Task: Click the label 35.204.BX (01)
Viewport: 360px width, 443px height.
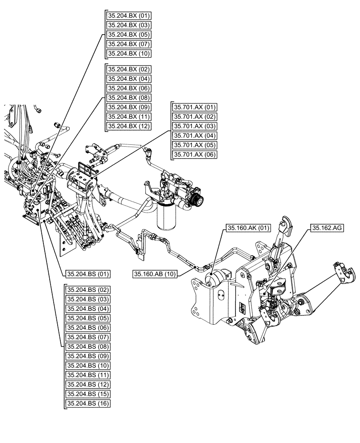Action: click(x=128, y=16)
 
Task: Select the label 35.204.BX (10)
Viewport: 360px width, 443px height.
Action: click(x=128, y=54)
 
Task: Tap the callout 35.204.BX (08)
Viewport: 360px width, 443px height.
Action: click(x=128, y=97)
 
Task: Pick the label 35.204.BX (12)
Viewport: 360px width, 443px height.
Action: click(x=128, y=126)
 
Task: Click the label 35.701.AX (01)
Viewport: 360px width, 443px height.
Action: click(x=194, y=107)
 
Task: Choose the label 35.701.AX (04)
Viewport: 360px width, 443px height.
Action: click(x=194, y=136)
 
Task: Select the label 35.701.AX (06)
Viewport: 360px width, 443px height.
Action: click(x=194, y=155)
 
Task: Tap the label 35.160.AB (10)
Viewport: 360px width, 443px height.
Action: click(x=155, y=274)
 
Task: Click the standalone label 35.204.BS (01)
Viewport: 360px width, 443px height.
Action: click(x=87, y=274)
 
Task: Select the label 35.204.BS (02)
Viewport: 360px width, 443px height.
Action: click(x=87, y=289)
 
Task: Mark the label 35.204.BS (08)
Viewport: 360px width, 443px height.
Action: click(x=87, y=346)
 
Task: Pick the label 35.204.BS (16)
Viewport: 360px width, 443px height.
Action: click(x=87, y=404)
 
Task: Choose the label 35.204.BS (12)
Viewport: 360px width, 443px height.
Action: click(x=87, y=385)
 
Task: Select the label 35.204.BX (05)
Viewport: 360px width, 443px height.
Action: click(x=128, y=35)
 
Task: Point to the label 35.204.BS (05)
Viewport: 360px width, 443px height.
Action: click(x=87, y=318)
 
